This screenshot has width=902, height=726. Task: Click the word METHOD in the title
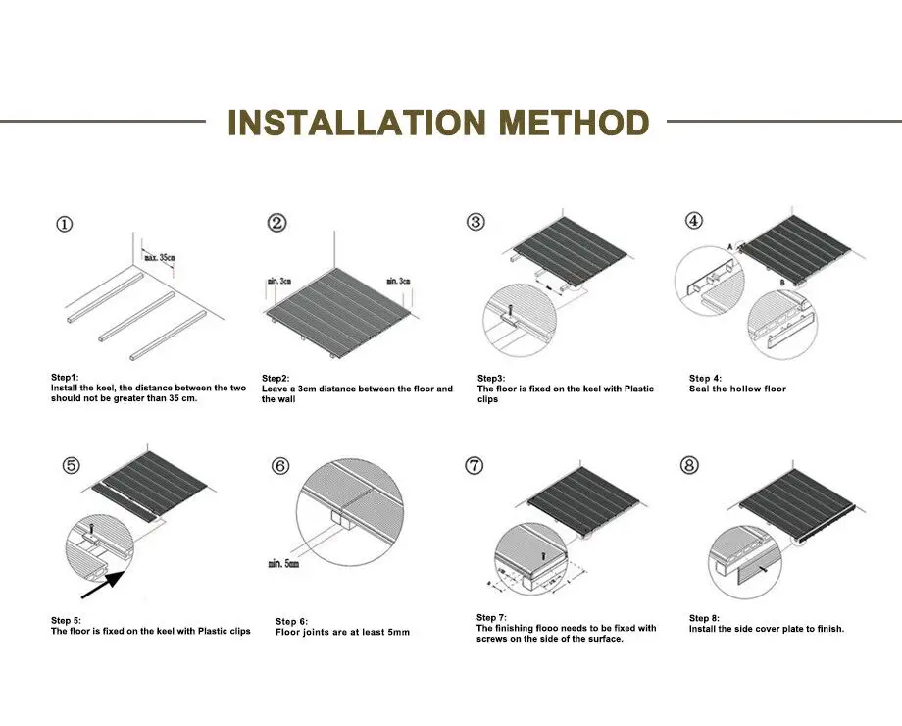[574, 124]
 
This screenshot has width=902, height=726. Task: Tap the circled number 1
[64, 225]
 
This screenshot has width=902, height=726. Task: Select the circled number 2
[277, 224]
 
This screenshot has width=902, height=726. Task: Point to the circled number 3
[476, 222]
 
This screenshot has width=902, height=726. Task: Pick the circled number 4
[693, 221]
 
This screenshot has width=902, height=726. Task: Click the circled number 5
[71, 465]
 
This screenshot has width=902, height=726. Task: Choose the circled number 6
[280, 465]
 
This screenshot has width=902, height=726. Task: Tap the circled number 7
[476, 464]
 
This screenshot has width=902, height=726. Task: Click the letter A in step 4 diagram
[729, 244]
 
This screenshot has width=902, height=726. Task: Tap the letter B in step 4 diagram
[782, 284]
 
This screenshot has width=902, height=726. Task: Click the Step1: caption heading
[67, 377]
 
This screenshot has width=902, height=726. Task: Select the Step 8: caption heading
[705, 618]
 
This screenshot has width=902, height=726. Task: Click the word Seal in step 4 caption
[701, 389]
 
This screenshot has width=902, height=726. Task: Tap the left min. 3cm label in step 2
[280, 282]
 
